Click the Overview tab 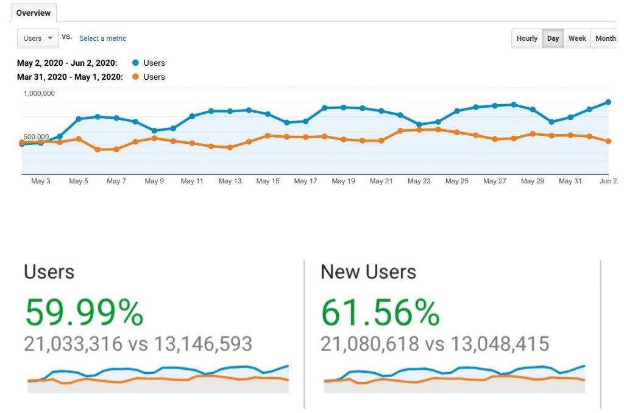pyautogui.click(x=33, y=13)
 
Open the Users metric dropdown pyautogui.click(x=38, y=38)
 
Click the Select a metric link pyautogui.click(x=102, y=38)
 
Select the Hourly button pyautogui.click(x=526, y=38)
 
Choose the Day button pyautogui.click(x=553, y=38)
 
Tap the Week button pyautogui.click(x=576, y=38)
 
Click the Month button pyautogui.click(x=604, y=38)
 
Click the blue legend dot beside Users pyautogui.click(x=135, y=63)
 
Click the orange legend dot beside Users pyautogui.click(x=135, y=77)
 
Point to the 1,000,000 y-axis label pyautogui.click(x=40, y=93)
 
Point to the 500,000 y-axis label pyautogui.click(x=36, y=137)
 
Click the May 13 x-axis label pyautogui.click(x=230, y=181)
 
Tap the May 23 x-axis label pyautogui.click(x=419, y=181)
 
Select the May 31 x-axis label pyautogui.click(x=570, y=181)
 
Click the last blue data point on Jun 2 pyautogui.click(x=608, y=102)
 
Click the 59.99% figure pyautogui.click(x=84, y=313)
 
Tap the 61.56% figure pyautogui.click(x=380, y=313)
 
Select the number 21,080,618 pyautogui.click(x=370, y=344)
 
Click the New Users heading pyautogui.click(x=368, y=272)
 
